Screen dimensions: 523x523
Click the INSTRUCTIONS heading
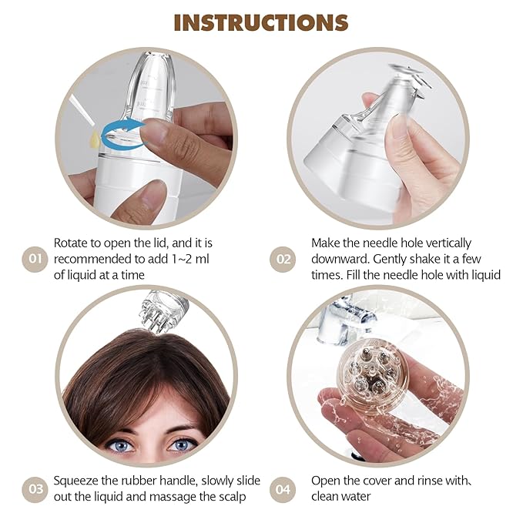260,22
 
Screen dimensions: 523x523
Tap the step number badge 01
35,259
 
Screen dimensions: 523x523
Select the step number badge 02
283,259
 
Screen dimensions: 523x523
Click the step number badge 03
35,488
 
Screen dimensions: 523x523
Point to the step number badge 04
283,488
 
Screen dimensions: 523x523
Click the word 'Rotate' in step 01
72,243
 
